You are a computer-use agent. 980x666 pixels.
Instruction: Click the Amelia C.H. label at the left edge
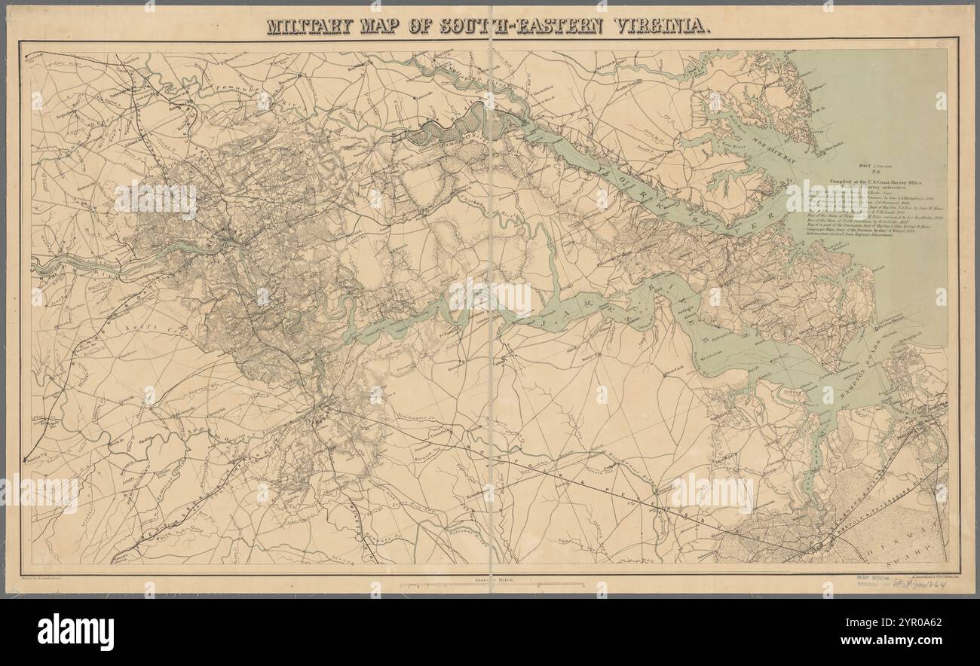point(35,457)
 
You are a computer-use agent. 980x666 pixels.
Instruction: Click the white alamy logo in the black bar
point(75,631)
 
